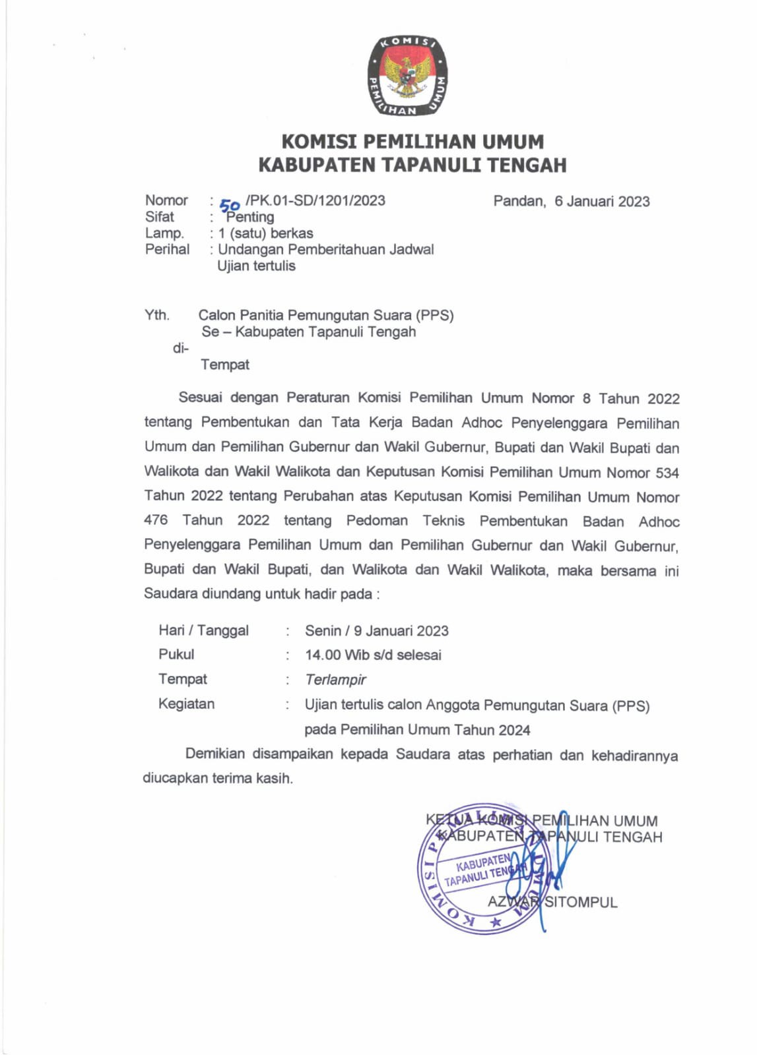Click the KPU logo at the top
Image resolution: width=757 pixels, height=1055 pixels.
[407, 76]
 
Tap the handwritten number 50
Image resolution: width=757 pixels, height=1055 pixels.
[230, 205]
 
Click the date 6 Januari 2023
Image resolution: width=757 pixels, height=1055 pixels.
[602, 201]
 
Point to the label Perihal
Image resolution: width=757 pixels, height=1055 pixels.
[167, 249]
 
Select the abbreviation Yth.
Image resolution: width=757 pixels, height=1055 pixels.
[157, 315]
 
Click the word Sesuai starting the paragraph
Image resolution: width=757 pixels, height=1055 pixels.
[201, 398]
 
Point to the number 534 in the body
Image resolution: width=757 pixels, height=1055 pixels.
[667, 473]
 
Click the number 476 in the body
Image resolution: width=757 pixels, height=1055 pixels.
[156, 520]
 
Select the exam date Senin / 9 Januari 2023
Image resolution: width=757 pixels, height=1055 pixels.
[376, 630]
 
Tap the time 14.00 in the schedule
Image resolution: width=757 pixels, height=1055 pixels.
[323, 655]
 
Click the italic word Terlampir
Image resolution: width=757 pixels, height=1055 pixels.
[335, 680]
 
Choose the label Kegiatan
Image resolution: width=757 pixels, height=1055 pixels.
[186, 704]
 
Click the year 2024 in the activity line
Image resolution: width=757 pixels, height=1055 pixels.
[514, 730]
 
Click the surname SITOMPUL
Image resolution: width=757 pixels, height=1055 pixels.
[581, 902]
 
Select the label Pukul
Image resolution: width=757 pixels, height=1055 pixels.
[176, 654]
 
